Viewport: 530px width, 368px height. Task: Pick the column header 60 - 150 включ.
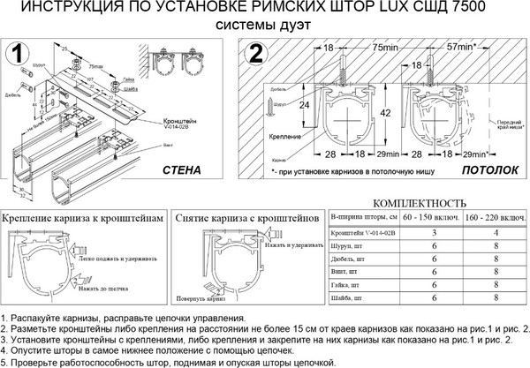[x=429, y=216]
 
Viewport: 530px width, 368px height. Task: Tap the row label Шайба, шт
[x=346, y=300]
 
